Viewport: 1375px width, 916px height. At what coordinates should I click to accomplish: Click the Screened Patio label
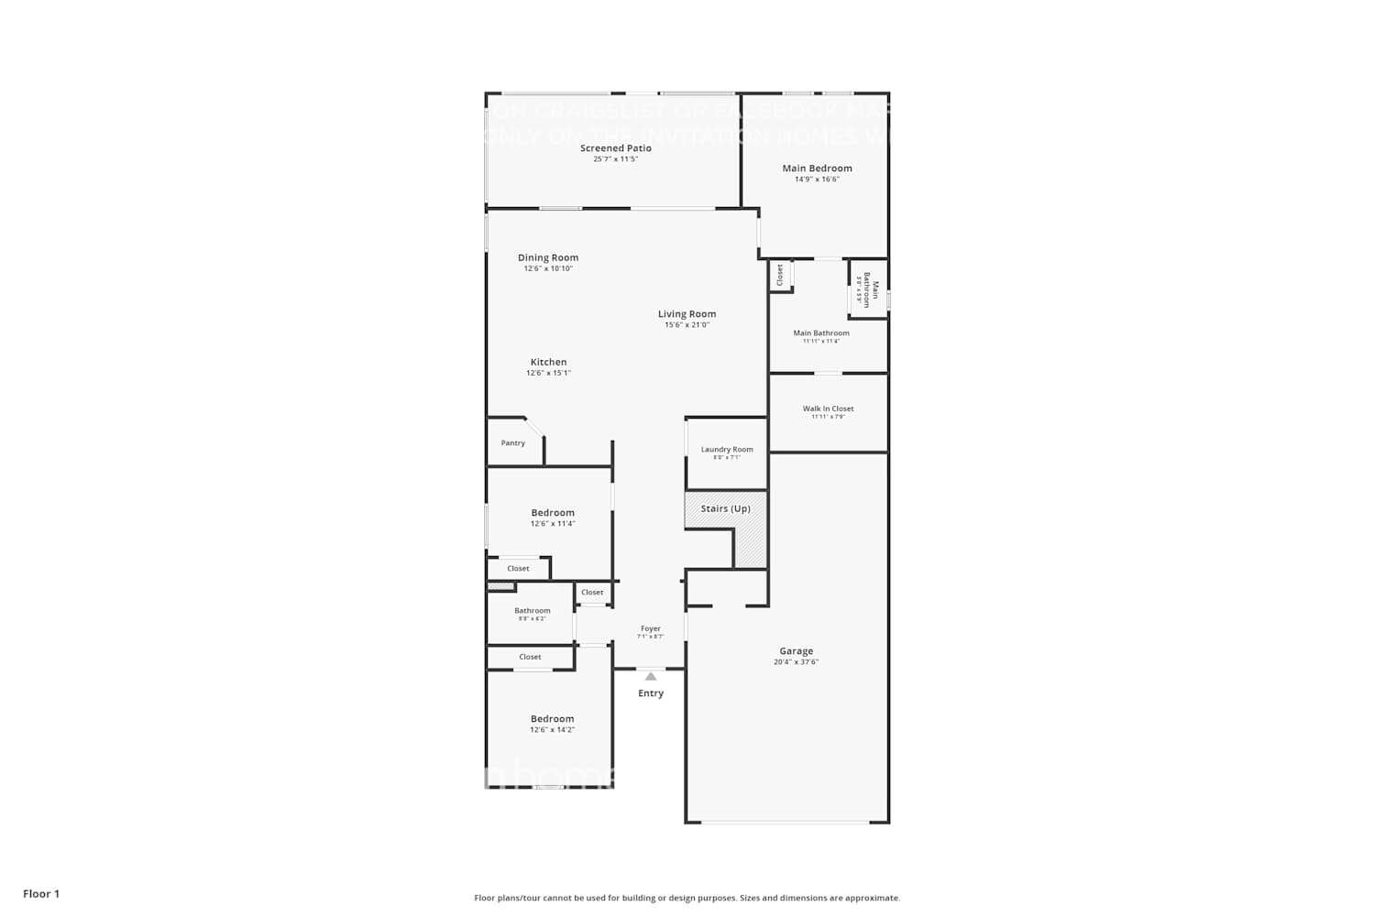[615, 148]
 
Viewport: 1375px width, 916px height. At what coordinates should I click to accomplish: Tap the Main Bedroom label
[817, 169]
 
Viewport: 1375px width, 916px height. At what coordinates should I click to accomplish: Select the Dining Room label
[548, 258]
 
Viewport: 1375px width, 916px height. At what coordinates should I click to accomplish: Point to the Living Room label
[687, 314]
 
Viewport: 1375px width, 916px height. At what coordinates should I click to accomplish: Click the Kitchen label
[548, 363]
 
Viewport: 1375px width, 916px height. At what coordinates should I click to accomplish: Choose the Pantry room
[513, 443]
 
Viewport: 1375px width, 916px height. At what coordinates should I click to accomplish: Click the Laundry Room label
[727, 450]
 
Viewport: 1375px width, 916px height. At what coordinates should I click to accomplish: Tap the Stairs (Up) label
[725, 509]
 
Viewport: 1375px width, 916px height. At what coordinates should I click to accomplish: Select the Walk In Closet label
[828, 409]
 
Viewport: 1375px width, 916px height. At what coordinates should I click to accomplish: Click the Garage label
[796, 651]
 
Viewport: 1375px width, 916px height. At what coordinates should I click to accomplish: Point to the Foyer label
[650, 629]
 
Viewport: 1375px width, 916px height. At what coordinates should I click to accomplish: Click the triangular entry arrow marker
[650, 677]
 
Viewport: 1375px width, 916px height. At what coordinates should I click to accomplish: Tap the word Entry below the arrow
[650, 693]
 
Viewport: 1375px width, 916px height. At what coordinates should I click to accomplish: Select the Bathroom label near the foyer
[532, 611]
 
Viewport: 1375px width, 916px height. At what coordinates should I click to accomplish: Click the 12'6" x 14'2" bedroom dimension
[552, 730]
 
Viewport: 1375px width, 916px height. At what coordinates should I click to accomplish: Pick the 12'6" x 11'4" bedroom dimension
[552, 524]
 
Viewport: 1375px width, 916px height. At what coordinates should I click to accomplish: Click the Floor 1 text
[41, 894]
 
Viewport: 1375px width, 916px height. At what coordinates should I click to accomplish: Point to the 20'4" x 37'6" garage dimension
[796, 662]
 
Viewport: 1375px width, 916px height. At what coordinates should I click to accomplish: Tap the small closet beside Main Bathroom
[780, 275]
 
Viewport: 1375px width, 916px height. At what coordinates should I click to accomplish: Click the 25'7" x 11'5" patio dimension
[615, 159]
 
